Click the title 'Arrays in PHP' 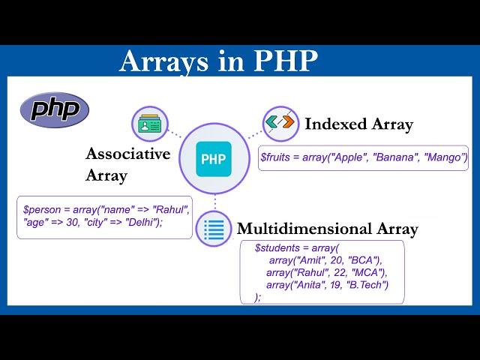(x=218, y=61)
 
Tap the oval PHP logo (x=55, y=110)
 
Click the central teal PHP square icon (x=214, y=159)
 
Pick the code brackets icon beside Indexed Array (x=280, y=123)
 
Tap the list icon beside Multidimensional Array (x=214, y=229)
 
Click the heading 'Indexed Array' (x=358, y=124)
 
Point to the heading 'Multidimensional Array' (x=327, y=229)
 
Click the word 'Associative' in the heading (x=128, y=154)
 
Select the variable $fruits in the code (x=276, y=157)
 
